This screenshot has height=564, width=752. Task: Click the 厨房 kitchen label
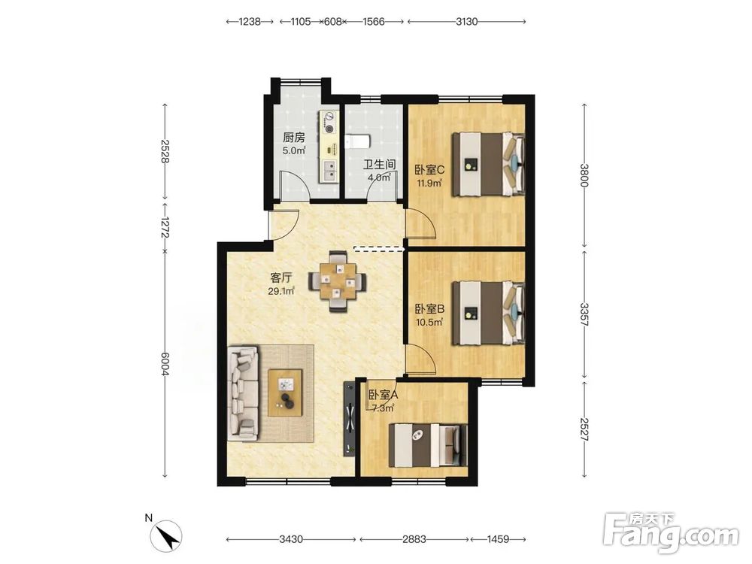(293, 138)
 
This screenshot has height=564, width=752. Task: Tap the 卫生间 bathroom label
(379, 165)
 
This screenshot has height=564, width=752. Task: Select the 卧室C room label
(429, 170)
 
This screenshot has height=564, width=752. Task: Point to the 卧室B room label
(429, 309)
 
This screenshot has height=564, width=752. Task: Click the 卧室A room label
(384, 395)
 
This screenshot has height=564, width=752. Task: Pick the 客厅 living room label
(281, 278)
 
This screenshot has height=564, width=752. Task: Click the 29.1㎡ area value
(281, 290)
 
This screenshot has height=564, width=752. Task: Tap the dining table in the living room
(338, 281)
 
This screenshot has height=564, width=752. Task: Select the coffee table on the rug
(285, 393)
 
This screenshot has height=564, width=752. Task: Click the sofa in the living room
(243, 393)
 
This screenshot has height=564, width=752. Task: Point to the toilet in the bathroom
(357, 141)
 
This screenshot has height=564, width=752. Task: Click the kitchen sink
(329, 170)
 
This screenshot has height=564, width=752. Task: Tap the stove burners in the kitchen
(329, 123)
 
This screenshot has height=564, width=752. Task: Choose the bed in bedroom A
(428, 445)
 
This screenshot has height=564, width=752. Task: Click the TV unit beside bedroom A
(349, 418)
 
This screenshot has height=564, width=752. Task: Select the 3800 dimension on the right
(584, 175)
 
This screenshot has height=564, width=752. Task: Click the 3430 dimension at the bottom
(290, 539)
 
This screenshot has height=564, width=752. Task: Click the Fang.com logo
(672, 533)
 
